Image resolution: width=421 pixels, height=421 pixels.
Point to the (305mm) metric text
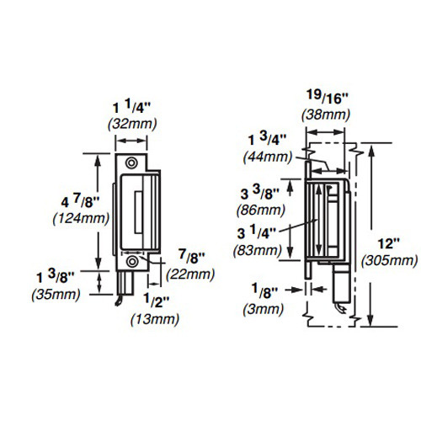point(388,261)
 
